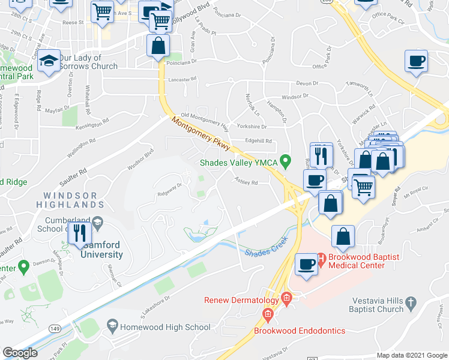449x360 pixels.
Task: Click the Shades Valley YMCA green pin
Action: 286,160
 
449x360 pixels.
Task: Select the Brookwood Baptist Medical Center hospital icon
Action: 321,260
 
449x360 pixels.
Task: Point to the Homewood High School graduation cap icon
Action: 112,326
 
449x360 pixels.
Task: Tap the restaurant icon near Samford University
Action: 80,232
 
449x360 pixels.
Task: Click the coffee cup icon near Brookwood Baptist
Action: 307,264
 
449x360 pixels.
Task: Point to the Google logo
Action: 20,352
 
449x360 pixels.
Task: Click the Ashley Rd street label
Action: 246,182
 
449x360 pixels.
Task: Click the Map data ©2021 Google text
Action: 412,355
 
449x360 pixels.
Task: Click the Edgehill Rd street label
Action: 258,142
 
